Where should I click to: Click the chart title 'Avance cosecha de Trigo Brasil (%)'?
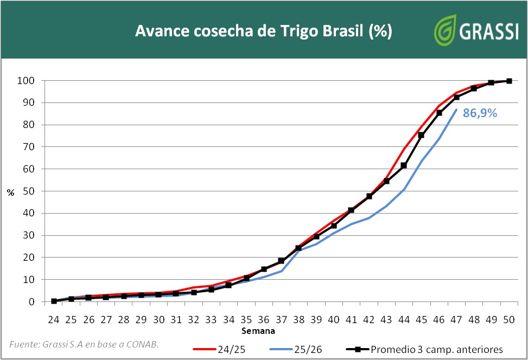263,31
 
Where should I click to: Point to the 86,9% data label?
480,114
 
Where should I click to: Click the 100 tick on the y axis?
26,81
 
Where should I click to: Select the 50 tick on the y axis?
29,191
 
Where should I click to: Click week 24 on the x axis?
54,320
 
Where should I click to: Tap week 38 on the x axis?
298,320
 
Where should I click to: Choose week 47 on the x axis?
456,320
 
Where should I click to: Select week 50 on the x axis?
509,320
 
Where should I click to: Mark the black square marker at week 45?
421,135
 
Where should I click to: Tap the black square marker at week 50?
509,81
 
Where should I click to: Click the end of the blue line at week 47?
456,110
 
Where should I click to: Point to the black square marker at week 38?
298,248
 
